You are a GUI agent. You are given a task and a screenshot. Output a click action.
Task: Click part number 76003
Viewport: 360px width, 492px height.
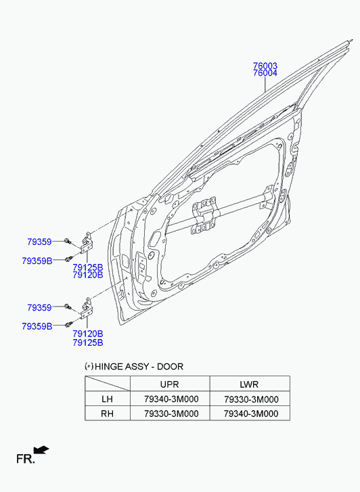265,66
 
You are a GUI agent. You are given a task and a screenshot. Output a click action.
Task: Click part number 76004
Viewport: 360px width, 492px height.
265,73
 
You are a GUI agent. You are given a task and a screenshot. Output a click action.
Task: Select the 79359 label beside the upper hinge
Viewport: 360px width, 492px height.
39,242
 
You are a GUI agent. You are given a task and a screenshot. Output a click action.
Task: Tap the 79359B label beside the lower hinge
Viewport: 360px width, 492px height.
37,326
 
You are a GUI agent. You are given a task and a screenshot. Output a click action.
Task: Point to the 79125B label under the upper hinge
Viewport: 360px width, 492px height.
88,267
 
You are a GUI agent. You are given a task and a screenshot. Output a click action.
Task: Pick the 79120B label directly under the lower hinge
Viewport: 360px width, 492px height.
88,334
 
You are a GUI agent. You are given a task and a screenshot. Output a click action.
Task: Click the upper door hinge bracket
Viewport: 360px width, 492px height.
87,242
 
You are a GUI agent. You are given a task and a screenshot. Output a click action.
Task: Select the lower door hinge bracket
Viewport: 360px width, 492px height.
87,308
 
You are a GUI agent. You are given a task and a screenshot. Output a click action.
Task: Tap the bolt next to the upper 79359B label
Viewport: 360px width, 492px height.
69,259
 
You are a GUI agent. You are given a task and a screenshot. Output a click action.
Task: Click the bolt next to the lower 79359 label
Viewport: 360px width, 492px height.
68,307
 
